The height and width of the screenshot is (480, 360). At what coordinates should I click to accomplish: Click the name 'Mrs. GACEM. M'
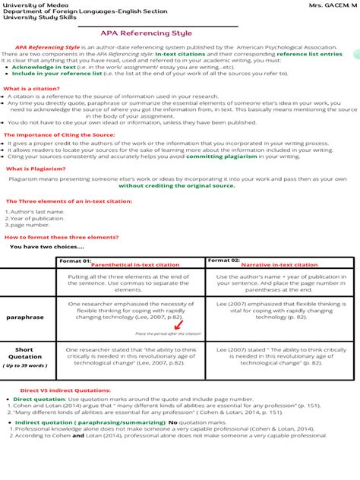(x=333, y=5)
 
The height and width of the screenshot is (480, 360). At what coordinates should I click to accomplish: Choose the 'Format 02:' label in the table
(x=224, y=261)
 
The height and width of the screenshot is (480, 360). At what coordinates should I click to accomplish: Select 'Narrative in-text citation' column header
(x=278, y=265)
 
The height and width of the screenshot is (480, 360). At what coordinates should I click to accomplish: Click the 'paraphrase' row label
(x=25, y=317)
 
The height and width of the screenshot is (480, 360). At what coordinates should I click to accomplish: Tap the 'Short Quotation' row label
(x=25, y=355)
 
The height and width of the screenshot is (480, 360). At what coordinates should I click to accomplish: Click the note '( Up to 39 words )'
(x=25, y=365)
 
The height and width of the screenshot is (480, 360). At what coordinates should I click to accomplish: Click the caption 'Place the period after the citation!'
(x=168, y=333)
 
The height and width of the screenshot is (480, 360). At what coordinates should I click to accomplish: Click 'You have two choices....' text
(x=47, y=247)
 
